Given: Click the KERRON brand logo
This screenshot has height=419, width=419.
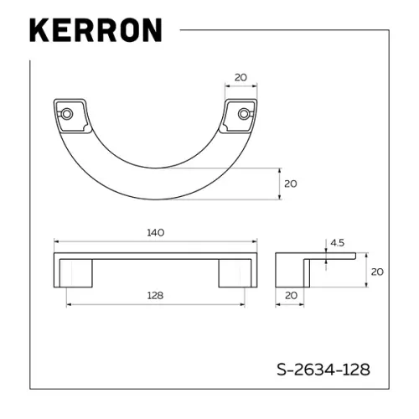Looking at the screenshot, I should point(95,29).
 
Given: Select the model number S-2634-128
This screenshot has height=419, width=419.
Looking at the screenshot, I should point(323,368).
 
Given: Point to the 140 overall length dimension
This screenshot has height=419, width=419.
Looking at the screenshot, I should point(156,232).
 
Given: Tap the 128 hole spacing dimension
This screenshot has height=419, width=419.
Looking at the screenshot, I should point(154,295).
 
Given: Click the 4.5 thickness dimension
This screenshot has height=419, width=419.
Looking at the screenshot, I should point(338,244).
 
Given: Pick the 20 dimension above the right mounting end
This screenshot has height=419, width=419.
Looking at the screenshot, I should point(241,77).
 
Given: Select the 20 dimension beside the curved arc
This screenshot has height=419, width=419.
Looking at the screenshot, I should point(291,183).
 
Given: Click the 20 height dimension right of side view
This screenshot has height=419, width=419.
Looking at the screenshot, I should point(377,272).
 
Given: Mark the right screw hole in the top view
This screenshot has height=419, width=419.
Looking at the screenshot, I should point(244,113).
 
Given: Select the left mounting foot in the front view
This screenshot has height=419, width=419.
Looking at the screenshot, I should point(72,273).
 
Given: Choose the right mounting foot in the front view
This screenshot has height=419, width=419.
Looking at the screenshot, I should point(236,273).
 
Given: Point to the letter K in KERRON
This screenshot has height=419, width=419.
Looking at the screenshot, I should point(40,29).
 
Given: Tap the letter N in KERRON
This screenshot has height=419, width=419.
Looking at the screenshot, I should point(148,29).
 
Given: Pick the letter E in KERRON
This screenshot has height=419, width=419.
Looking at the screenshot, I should point(60,29).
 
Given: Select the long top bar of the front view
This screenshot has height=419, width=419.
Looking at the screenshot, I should point(155,255).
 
